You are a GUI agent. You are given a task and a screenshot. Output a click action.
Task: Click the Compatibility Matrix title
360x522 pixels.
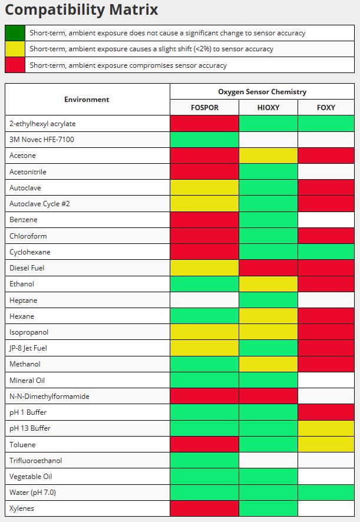pos(81,9)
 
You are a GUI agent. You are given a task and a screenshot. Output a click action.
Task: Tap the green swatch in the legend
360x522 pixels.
pos(15,33)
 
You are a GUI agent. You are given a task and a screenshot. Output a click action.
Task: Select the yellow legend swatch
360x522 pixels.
pos(15,49)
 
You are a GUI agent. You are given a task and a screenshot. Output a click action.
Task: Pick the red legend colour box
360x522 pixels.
pos(15,65)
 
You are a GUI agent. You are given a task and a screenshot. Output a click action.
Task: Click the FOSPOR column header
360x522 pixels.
pos(204,108)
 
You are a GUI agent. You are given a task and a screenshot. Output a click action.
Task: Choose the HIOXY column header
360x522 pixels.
pos(268,108)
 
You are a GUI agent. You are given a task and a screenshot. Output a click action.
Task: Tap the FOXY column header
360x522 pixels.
pos(326,108)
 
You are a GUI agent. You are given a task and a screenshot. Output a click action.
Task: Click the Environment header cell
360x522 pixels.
pos(87,99)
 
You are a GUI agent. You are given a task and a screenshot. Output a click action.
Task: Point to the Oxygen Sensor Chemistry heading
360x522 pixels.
pos(262,91)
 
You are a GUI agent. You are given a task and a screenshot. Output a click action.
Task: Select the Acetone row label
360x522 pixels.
pos(22,156)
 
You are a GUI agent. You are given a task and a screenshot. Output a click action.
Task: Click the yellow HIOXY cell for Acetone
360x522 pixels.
pos(268,156)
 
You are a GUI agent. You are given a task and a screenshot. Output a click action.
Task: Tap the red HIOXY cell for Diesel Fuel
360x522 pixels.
pos(268,267)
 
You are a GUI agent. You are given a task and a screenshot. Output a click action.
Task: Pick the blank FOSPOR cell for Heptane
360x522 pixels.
pos(204,300)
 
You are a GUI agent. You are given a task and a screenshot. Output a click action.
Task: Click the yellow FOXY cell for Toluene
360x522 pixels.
pos(326,444)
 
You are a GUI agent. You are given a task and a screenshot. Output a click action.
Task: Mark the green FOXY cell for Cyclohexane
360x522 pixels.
pos(326,252)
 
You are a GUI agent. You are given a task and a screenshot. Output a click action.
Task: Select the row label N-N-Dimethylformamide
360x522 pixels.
pos(49,396)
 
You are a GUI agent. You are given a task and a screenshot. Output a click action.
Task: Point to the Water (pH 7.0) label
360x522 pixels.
pos(32,493)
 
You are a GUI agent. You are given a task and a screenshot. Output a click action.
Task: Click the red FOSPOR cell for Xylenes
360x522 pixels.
pos(204,508)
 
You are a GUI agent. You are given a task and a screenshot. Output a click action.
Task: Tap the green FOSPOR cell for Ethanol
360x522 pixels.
pos(204,283)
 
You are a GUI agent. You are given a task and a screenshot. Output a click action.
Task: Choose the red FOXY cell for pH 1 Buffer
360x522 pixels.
pos(326,412)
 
